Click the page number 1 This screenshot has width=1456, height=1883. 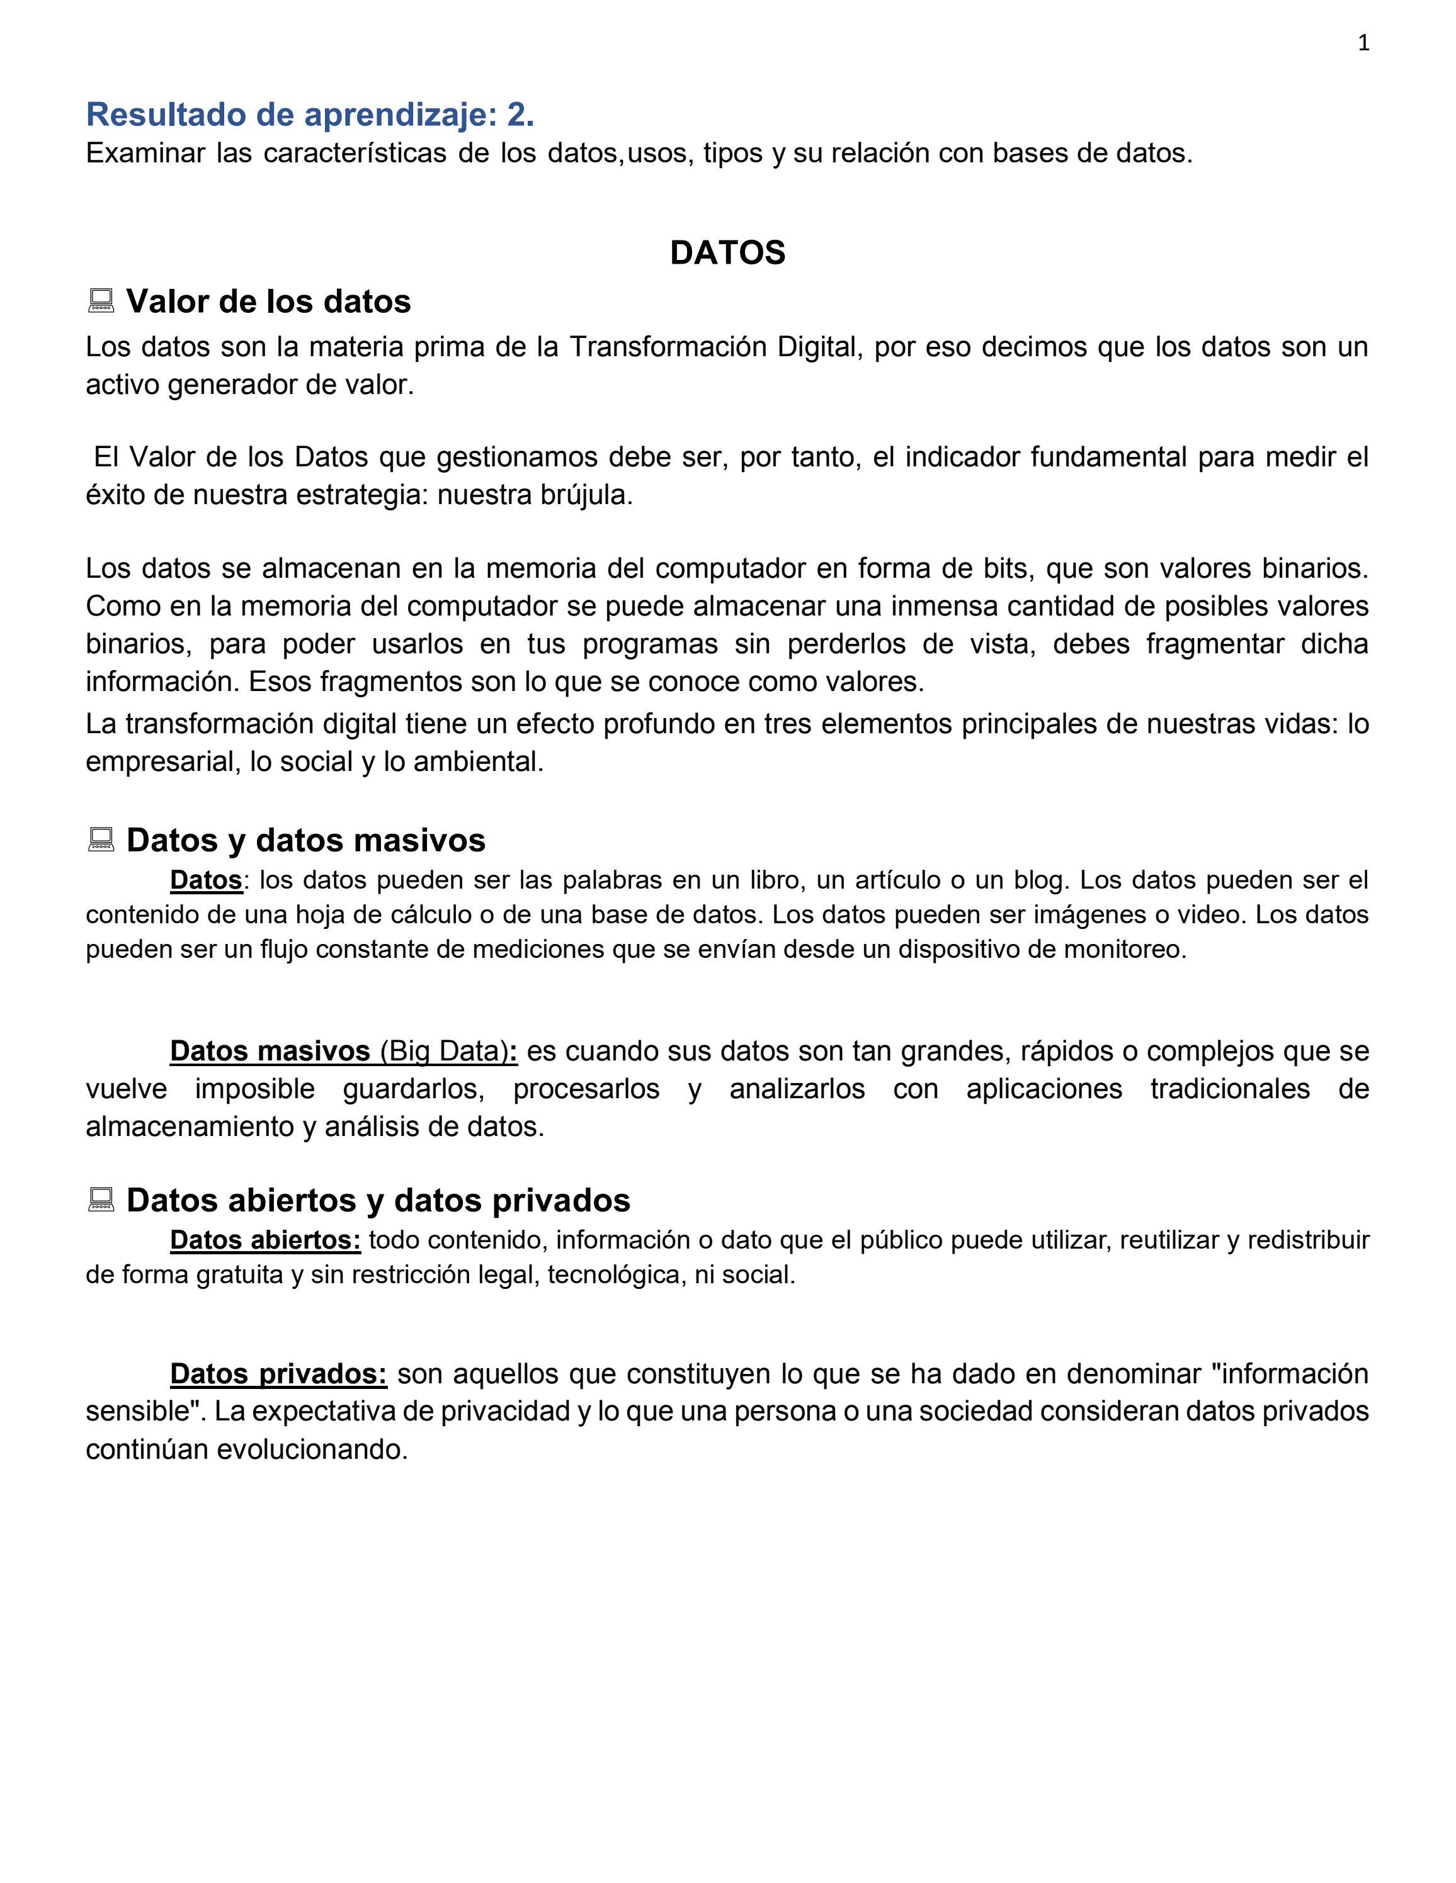tap(1363, 43)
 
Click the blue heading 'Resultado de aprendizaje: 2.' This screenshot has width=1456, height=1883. tap(310, 114)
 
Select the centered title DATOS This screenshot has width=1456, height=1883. tap(727, 252)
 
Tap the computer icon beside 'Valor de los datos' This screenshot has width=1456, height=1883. tap(101, 301)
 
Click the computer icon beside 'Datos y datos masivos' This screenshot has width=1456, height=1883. tap(101, 840)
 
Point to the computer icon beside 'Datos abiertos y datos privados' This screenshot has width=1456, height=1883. tap(101, 1200)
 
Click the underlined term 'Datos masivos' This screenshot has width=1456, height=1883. tap(270, 1051)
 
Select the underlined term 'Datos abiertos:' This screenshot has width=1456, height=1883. tap(264, 1240)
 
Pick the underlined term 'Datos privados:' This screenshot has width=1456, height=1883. tap(278, 1373)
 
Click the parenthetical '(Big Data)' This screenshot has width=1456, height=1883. tap(444, 1051)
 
